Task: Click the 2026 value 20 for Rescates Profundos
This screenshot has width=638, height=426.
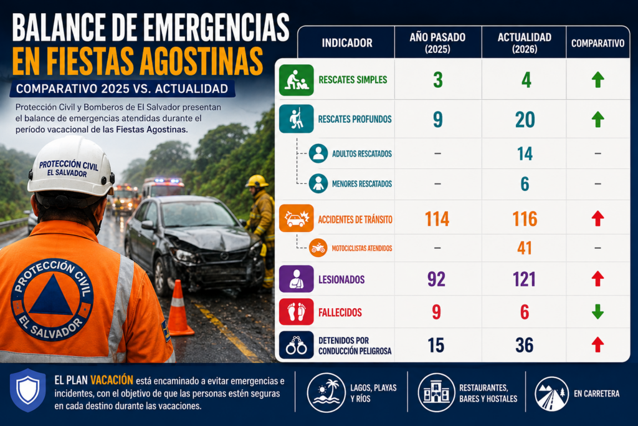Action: [525, 120]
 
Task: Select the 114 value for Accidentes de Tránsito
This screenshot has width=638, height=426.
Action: [437, 219]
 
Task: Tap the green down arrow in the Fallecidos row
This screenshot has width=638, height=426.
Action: [598, 312]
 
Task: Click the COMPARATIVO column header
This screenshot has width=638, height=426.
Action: [598, 43]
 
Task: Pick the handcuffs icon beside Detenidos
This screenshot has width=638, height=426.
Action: [296, 345]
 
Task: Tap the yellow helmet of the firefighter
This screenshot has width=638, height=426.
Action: [257, 181]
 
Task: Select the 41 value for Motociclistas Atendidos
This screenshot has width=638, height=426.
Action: [525, 248]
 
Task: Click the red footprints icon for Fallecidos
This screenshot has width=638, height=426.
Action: [296, 312]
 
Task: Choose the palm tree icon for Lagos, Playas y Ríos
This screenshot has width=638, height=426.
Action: [326, 393]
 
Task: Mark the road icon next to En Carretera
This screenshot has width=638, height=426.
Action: [552, 394]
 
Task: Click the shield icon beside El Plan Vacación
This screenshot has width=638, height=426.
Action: [27, 390]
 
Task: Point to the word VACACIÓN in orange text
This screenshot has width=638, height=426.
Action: [112, 380]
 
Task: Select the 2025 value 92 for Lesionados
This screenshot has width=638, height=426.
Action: [436, 279]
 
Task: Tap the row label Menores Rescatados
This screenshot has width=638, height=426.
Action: [362, 184]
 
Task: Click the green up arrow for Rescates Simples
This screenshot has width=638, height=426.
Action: [598, 79]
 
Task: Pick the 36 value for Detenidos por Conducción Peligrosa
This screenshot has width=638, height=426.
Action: [525, 346]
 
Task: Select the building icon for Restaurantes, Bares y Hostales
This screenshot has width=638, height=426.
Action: [436, 393]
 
